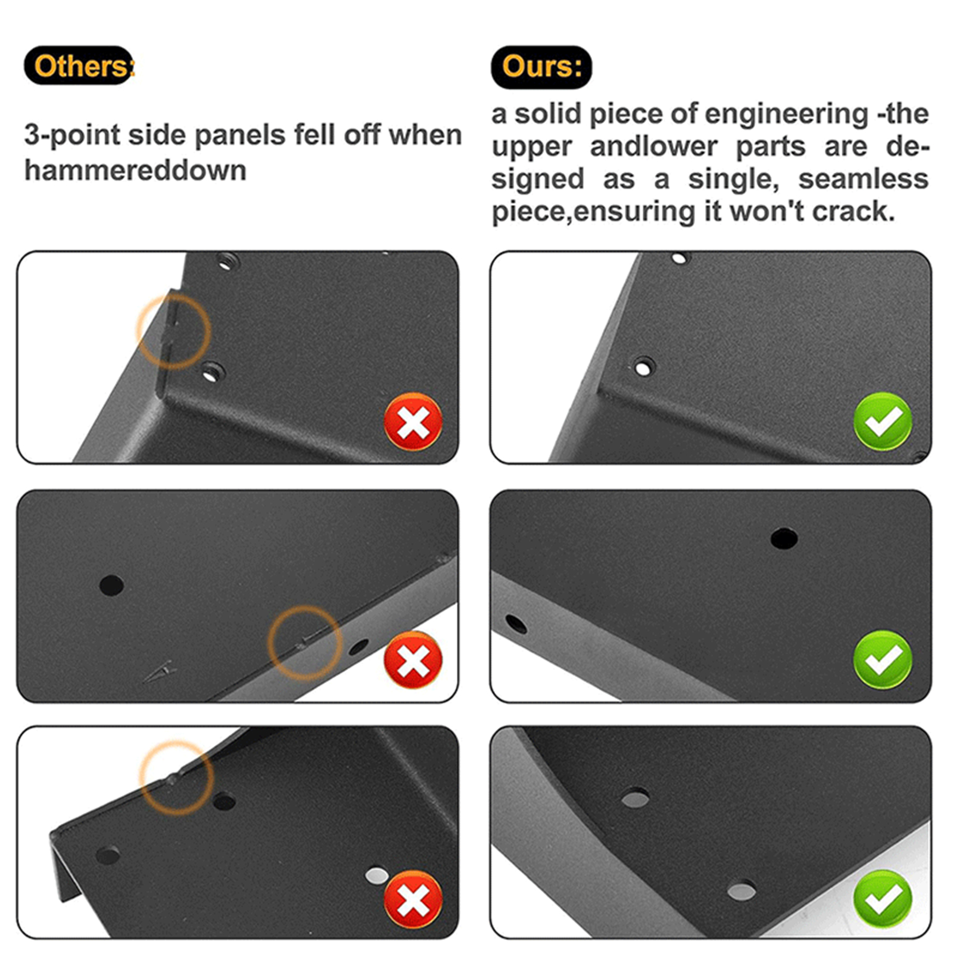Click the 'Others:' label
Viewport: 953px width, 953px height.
79,66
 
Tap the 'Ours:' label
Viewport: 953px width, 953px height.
541,67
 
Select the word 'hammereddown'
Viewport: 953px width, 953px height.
135,171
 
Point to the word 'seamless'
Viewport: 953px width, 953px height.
864,179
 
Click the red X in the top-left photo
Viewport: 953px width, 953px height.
413,422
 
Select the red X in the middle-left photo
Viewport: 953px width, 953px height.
413,660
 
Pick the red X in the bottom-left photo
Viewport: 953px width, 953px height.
413,899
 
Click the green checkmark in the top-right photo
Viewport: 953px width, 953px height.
883,422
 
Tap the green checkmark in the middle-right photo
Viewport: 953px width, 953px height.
883,660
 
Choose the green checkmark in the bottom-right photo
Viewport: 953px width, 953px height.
883,899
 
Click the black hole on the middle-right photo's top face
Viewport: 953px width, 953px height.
784,538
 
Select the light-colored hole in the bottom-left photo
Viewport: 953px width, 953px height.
376,876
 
